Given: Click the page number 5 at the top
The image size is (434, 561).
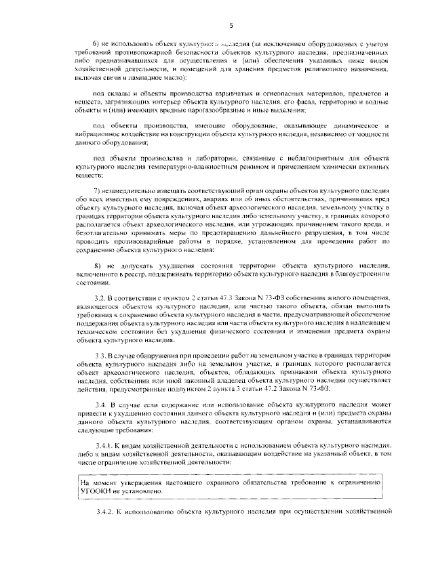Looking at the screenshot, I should [231, 26].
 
